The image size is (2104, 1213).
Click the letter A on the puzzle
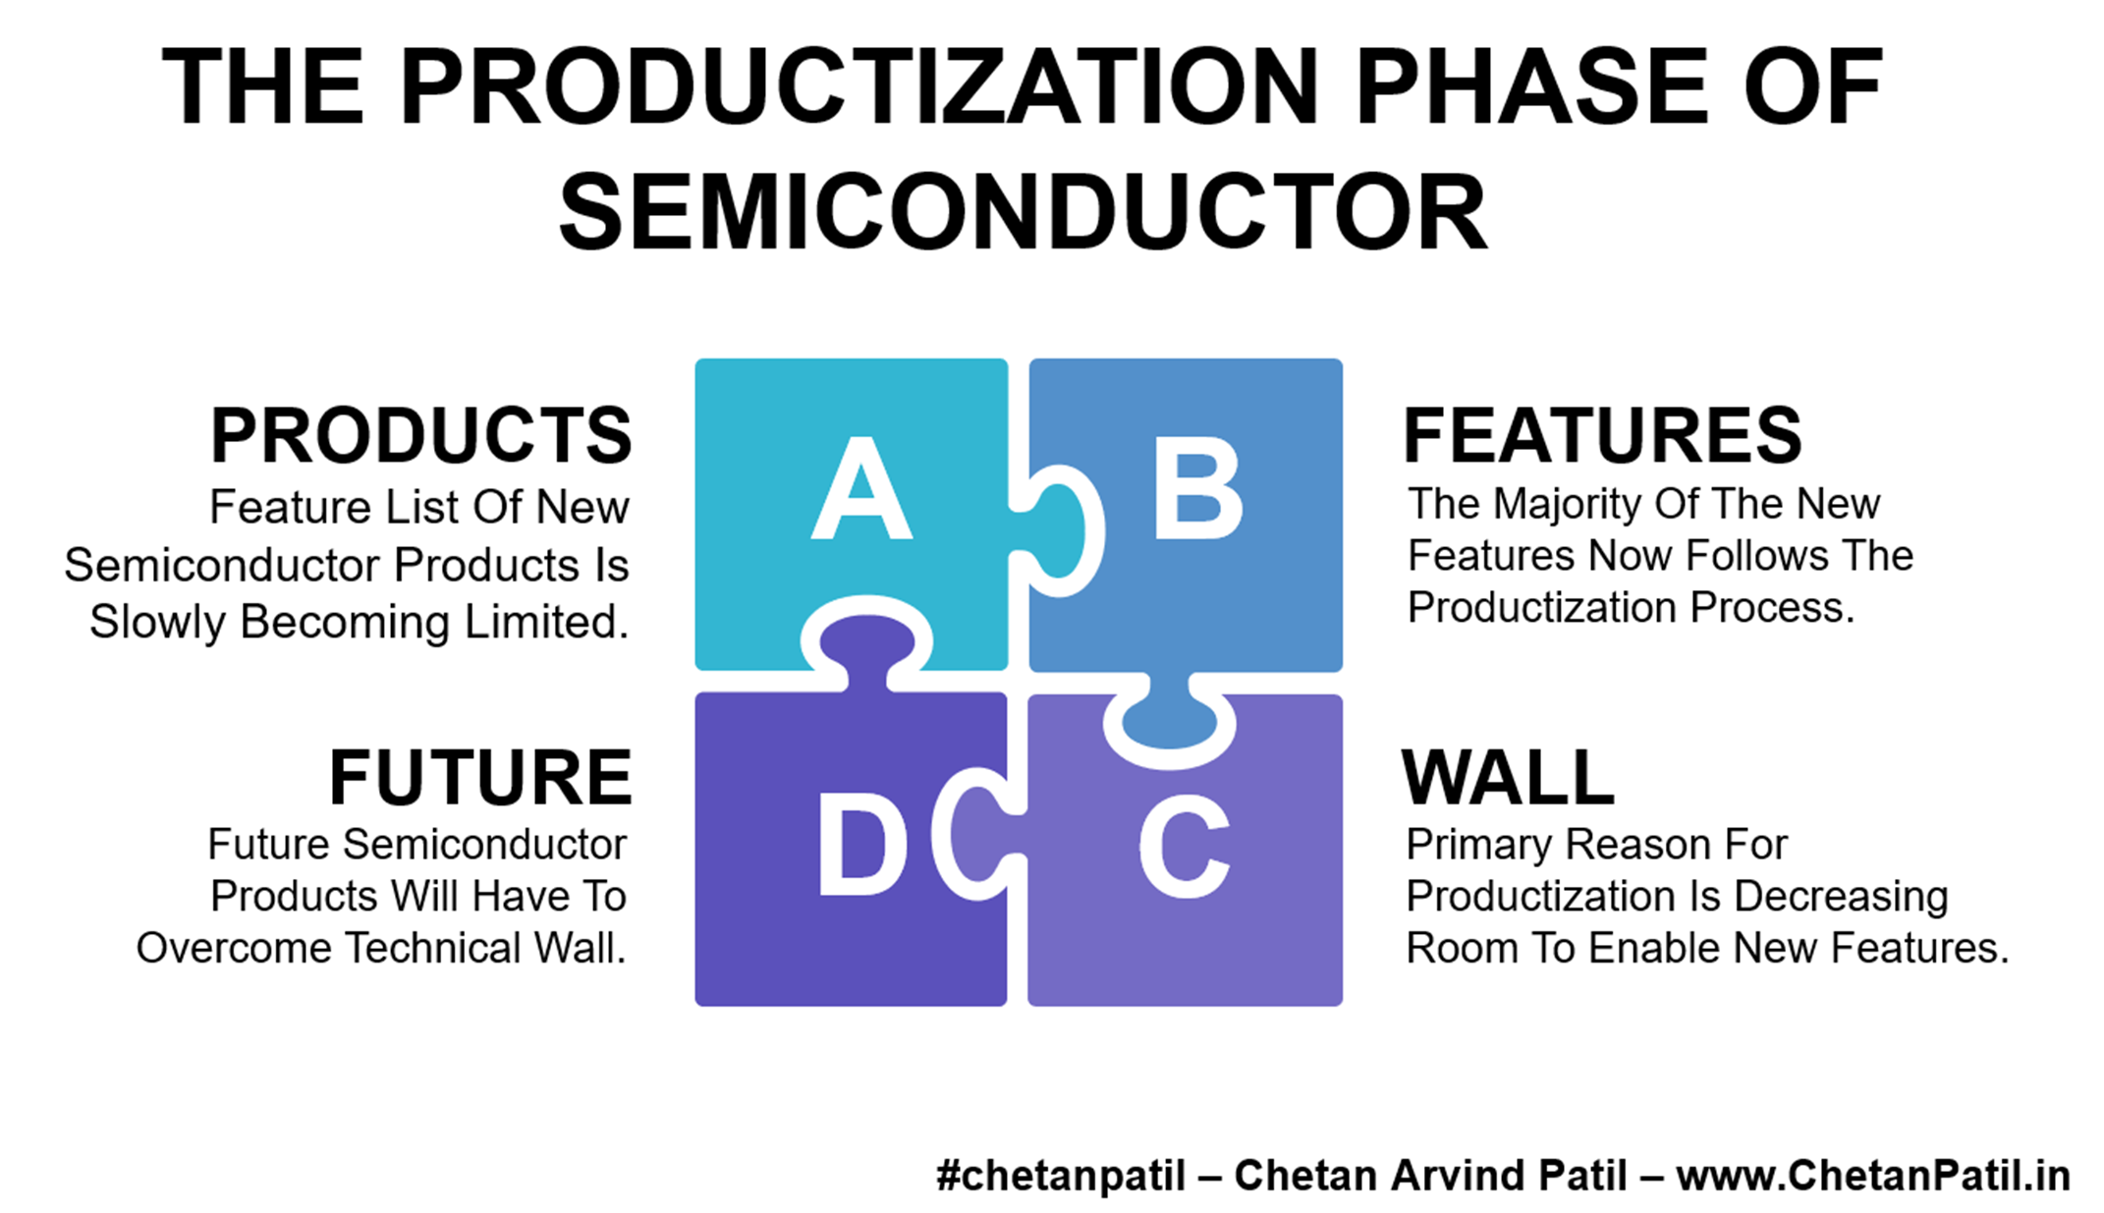(861, 488)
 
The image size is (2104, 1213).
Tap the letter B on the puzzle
(1197, 488)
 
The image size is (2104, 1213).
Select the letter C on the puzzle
(1184, 846)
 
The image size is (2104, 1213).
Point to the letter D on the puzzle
(862, 846)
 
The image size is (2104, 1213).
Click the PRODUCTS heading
(421, 435)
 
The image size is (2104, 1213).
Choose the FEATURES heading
(1602, 435)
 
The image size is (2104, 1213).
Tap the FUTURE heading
(480, 777)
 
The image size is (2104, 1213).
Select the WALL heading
(1508, 777)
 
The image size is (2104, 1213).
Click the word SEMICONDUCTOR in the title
(1023, 212)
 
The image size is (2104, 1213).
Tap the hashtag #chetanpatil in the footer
(1061, 1176)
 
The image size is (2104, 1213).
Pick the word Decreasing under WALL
(1841, 897)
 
